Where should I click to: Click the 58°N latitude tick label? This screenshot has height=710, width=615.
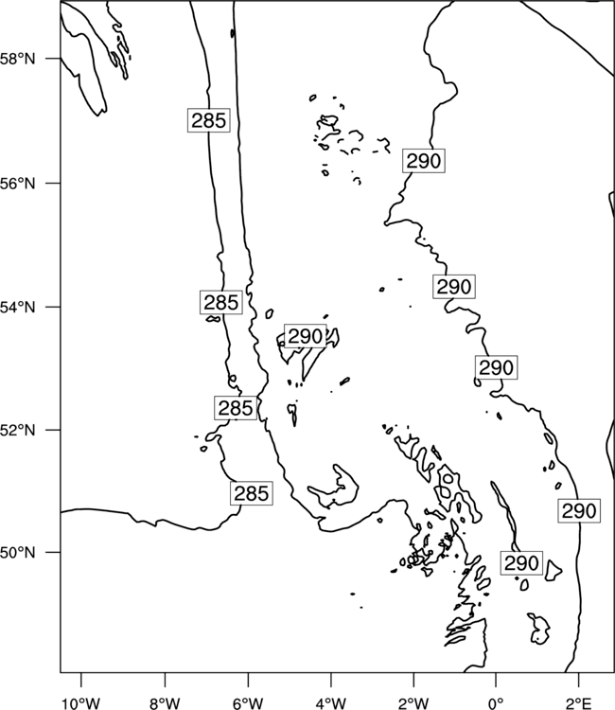tap(18, 59)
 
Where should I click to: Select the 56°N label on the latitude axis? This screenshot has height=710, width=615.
tap(18, 184)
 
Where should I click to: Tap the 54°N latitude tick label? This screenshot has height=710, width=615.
tap(18, 308)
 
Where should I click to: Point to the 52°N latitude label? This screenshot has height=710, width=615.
tap(18, 430)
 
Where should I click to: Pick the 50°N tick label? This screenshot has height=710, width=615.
tap(18, 553)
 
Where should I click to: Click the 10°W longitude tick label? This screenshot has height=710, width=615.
tap(81, 703)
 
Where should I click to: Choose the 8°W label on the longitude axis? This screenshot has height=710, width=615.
tap(165, 703)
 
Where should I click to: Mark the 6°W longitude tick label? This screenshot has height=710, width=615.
tap(248, 703)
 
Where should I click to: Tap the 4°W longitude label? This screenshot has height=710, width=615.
tap(331, 703)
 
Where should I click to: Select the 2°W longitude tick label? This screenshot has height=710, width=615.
tap(413, 703)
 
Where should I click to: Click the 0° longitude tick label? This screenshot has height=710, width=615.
tap(496, 703)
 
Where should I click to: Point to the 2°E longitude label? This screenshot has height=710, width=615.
tap(579, 703)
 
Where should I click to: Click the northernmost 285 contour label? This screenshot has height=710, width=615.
tap(208, 120)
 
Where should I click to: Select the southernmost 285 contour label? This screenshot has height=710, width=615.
tap(252, 493)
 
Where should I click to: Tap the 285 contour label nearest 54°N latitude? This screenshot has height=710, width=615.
tap(220, 303)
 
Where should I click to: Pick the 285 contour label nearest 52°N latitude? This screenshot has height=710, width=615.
tap(236, 408)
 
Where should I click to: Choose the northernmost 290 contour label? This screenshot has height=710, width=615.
tap(424, 161)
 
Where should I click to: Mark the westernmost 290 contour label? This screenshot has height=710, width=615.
tap(305, 336)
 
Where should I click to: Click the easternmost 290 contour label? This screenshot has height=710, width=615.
tap(579, 511)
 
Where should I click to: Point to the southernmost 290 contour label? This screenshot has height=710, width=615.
tap(521, 563)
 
